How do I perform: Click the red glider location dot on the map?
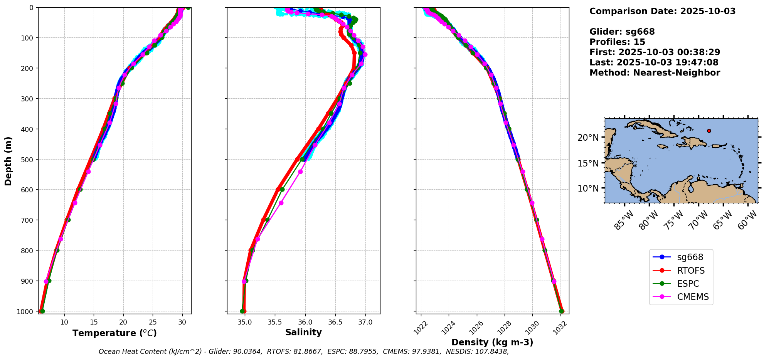click(x=709, y=131)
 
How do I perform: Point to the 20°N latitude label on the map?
click(x=588, y=138)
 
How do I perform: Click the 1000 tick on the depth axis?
click(x=25, y=311)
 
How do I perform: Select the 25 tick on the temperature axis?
click(x=153, y=322)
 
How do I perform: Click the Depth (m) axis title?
click(x=8, y=161)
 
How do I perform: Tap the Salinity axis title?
click(x=303, y=333)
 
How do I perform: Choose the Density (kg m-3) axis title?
click(x=492, y=342)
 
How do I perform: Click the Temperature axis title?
click(x=114, y=333)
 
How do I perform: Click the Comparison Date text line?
click(x=662, y=11)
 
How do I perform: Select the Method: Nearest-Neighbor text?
click(x=655, y=73)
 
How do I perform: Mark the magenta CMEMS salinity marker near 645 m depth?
click(x=281, y=203)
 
